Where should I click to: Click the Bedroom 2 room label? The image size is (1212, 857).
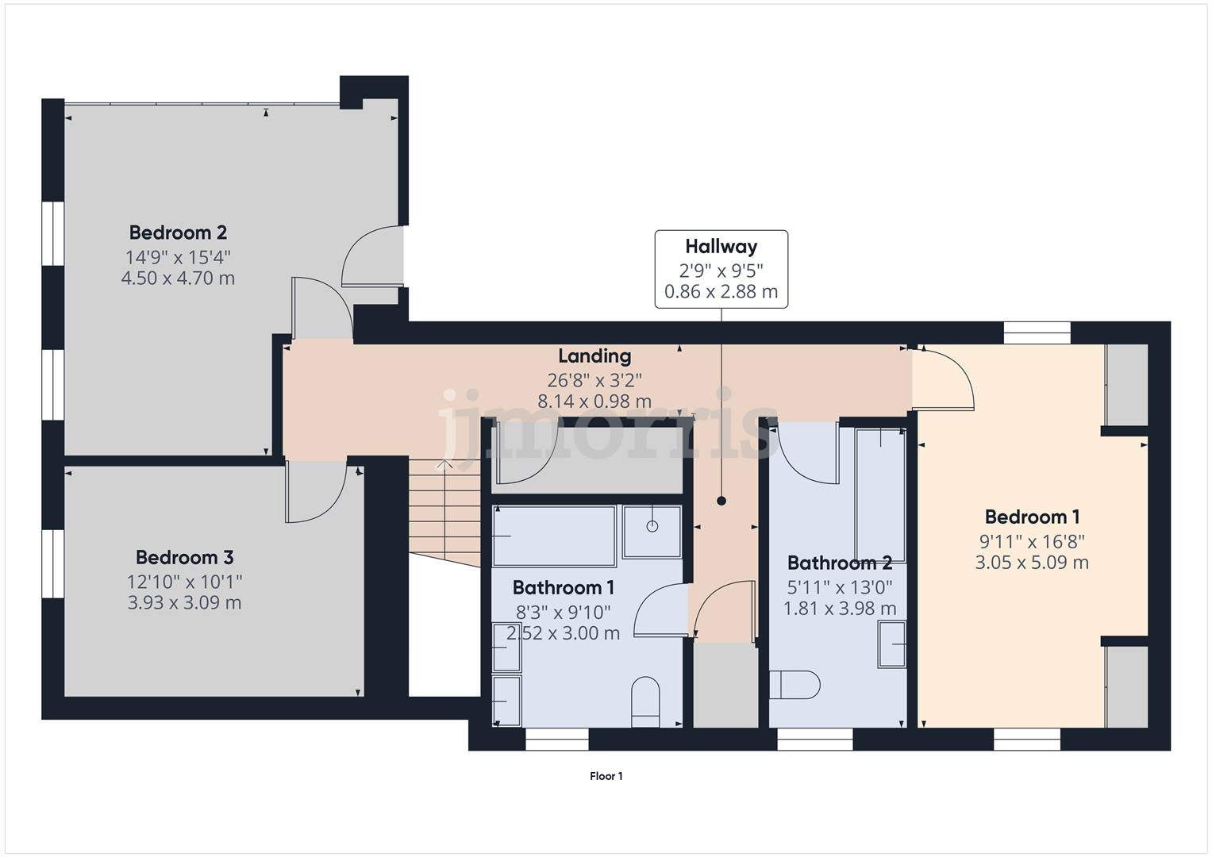click(178, 233)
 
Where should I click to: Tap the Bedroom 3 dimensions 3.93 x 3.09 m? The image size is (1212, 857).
click(184, 603)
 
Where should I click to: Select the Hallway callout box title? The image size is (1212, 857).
click(721, 247)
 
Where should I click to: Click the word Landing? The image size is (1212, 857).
click(594, 356)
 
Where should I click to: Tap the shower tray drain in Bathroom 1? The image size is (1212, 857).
click(652, 525)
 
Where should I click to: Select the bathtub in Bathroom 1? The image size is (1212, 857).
click(554, 536)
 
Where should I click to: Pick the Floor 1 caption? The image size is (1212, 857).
click(606, 777)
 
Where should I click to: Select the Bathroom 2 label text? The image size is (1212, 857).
click(839, 563)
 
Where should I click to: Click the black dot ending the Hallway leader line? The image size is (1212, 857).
click(721, 501)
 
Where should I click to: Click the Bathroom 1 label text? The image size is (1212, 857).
click(564, 588)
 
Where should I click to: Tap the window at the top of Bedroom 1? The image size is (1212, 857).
click(1036, 332)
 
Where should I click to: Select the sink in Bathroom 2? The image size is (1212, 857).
click(892, 644)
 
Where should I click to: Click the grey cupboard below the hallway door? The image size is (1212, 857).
click(725, 685)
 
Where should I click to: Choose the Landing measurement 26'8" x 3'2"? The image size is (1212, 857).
click(594, 379)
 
